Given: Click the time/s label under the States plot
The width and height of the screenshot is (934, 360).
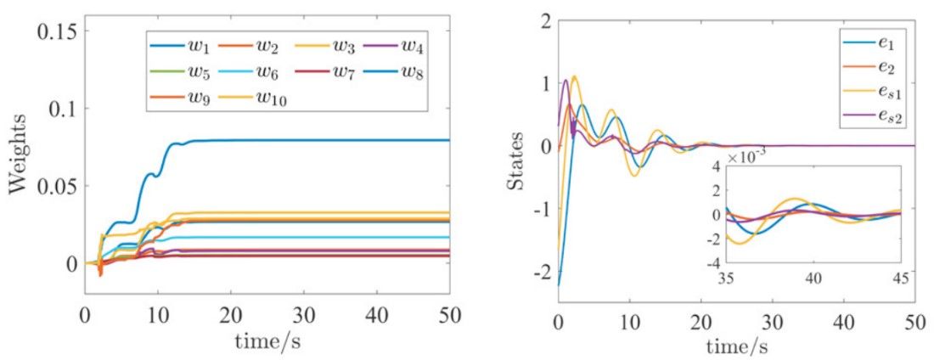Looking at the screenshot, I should (736, 348).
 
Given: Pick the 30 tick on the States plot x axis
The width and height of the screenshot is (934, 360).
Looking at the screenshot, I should (771, 323).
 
